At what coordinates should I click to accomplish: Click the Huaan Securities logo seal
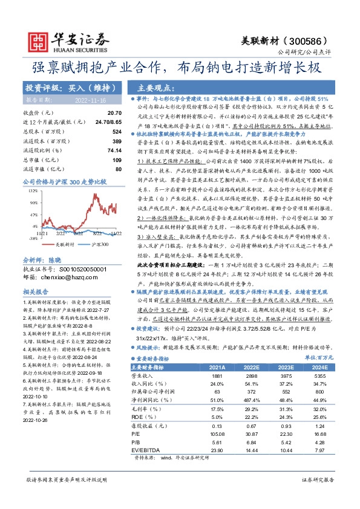click(40, 41)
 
